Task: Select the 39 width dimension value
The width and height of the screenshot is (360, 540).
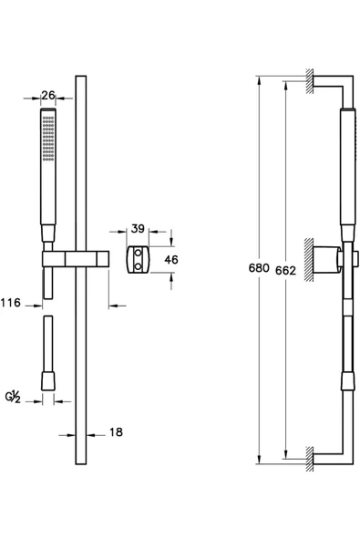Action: coord(139,228)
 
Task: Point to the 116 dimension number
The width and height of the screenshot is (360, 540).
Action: coord(12,302)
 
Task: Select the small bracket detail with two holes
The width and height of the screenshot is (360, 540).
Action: coord(138,259)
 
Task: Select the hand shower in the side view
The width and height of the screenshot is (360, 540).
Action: coord(345,173)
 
